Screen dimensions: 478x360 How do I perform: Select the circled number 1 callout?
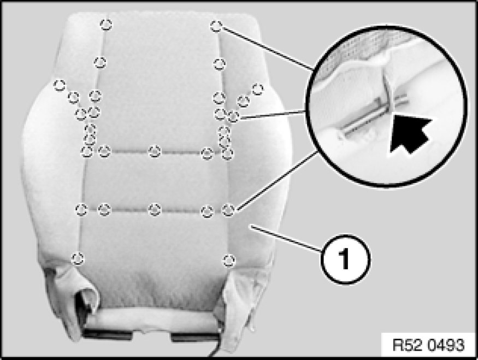tap(345, 259)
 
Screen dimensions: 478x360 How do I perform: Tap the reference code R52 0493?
tap(429, 345)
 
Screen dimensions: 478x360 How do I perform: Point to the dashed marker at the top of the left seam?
tap(106, 25)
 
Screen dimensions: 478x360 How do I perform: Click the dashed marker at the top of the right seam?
tap(216, 26)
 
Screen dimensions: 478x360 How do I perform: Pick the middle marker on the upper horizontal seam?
tap(155, 151)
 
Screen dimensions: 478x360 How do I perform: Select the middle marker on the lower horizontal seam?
tap(155, 210)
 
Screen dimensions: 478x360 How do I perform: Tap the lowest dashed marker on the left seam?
tap(78, 258)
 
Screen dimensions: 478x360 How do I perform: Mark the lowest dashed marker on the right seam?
tap(229, 261)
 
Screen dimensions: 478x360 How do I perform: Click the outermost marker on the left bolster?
tap(60, 85)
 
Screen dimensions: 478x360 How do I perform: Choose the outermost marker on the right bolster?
tap(258, 89)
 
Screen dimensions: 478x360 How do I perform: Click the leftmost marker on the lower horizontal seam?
tap(81, 209)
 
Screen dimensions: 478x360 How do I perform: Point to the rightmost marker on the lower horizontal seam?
tap(228, 210)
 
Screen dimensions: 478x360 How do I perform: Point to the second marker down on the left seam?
tap(100, 63)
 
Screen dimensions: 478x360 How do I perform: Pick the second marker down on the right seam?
tap(219, 64)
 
